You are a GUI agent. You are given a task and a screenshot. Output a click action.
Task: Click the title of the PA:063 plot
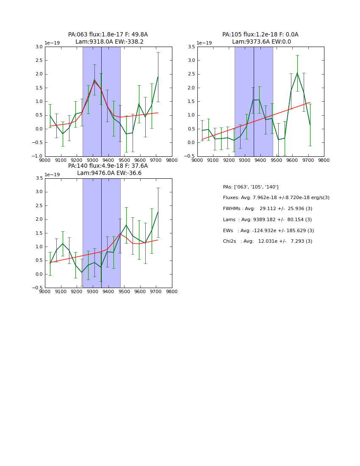[x=108, y=38]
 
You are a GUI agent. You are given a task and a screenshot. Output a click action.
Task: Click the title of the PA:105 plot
[x=260, y=38]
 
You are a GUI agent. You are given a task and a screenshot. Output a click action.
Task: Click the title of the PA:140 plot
[x=108, y=169]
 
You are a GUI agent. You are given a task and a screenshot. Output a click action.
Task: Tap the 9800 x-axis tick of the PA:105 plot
[x=324, y=160]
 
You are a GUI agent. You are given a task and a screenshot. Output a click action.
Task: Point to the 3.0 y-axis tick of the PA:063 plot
[x=39, y=47]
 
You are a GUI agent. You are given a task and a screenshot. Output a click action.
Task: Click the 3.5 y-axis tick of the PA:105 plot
[x=191, y=47]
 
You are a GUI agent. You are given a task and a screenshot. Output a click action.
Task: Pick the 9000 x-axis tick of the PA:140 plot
[x=45, y=291]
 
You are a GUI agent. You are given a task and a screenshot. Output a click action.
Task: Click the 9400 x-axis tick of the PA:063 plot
[x=108, y=160]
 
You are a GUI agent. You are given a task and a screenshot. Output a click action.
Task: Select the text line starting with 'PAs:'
[x=251, y=187]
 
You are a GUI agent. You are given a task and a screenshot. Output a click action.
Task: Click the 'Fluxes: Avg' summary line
[x=276, y=198]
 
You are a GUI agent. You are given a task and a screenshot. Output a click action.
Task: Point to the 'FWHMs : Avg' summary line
[x=267, y=209]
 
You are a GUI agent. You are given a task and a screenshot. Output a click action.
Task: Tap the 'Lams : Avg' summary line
[x=267, y=220]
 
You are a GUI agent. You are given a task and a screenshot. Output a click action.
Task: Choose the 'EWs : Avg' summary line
[x=269, y=231]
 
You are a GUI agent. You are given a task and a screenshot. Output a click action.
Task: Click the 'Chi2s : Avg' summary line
[x=268, y=241]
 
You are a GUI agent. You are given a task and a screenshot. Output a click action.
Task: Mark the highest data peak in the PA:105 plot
[x=297, y=73]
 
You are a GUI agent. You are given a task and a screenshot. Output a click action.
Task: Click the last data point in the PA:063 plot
[x=158, y=77]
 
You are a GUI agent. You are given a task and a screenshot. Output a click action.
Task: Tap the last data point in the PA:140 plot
[x=158, y=212]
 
